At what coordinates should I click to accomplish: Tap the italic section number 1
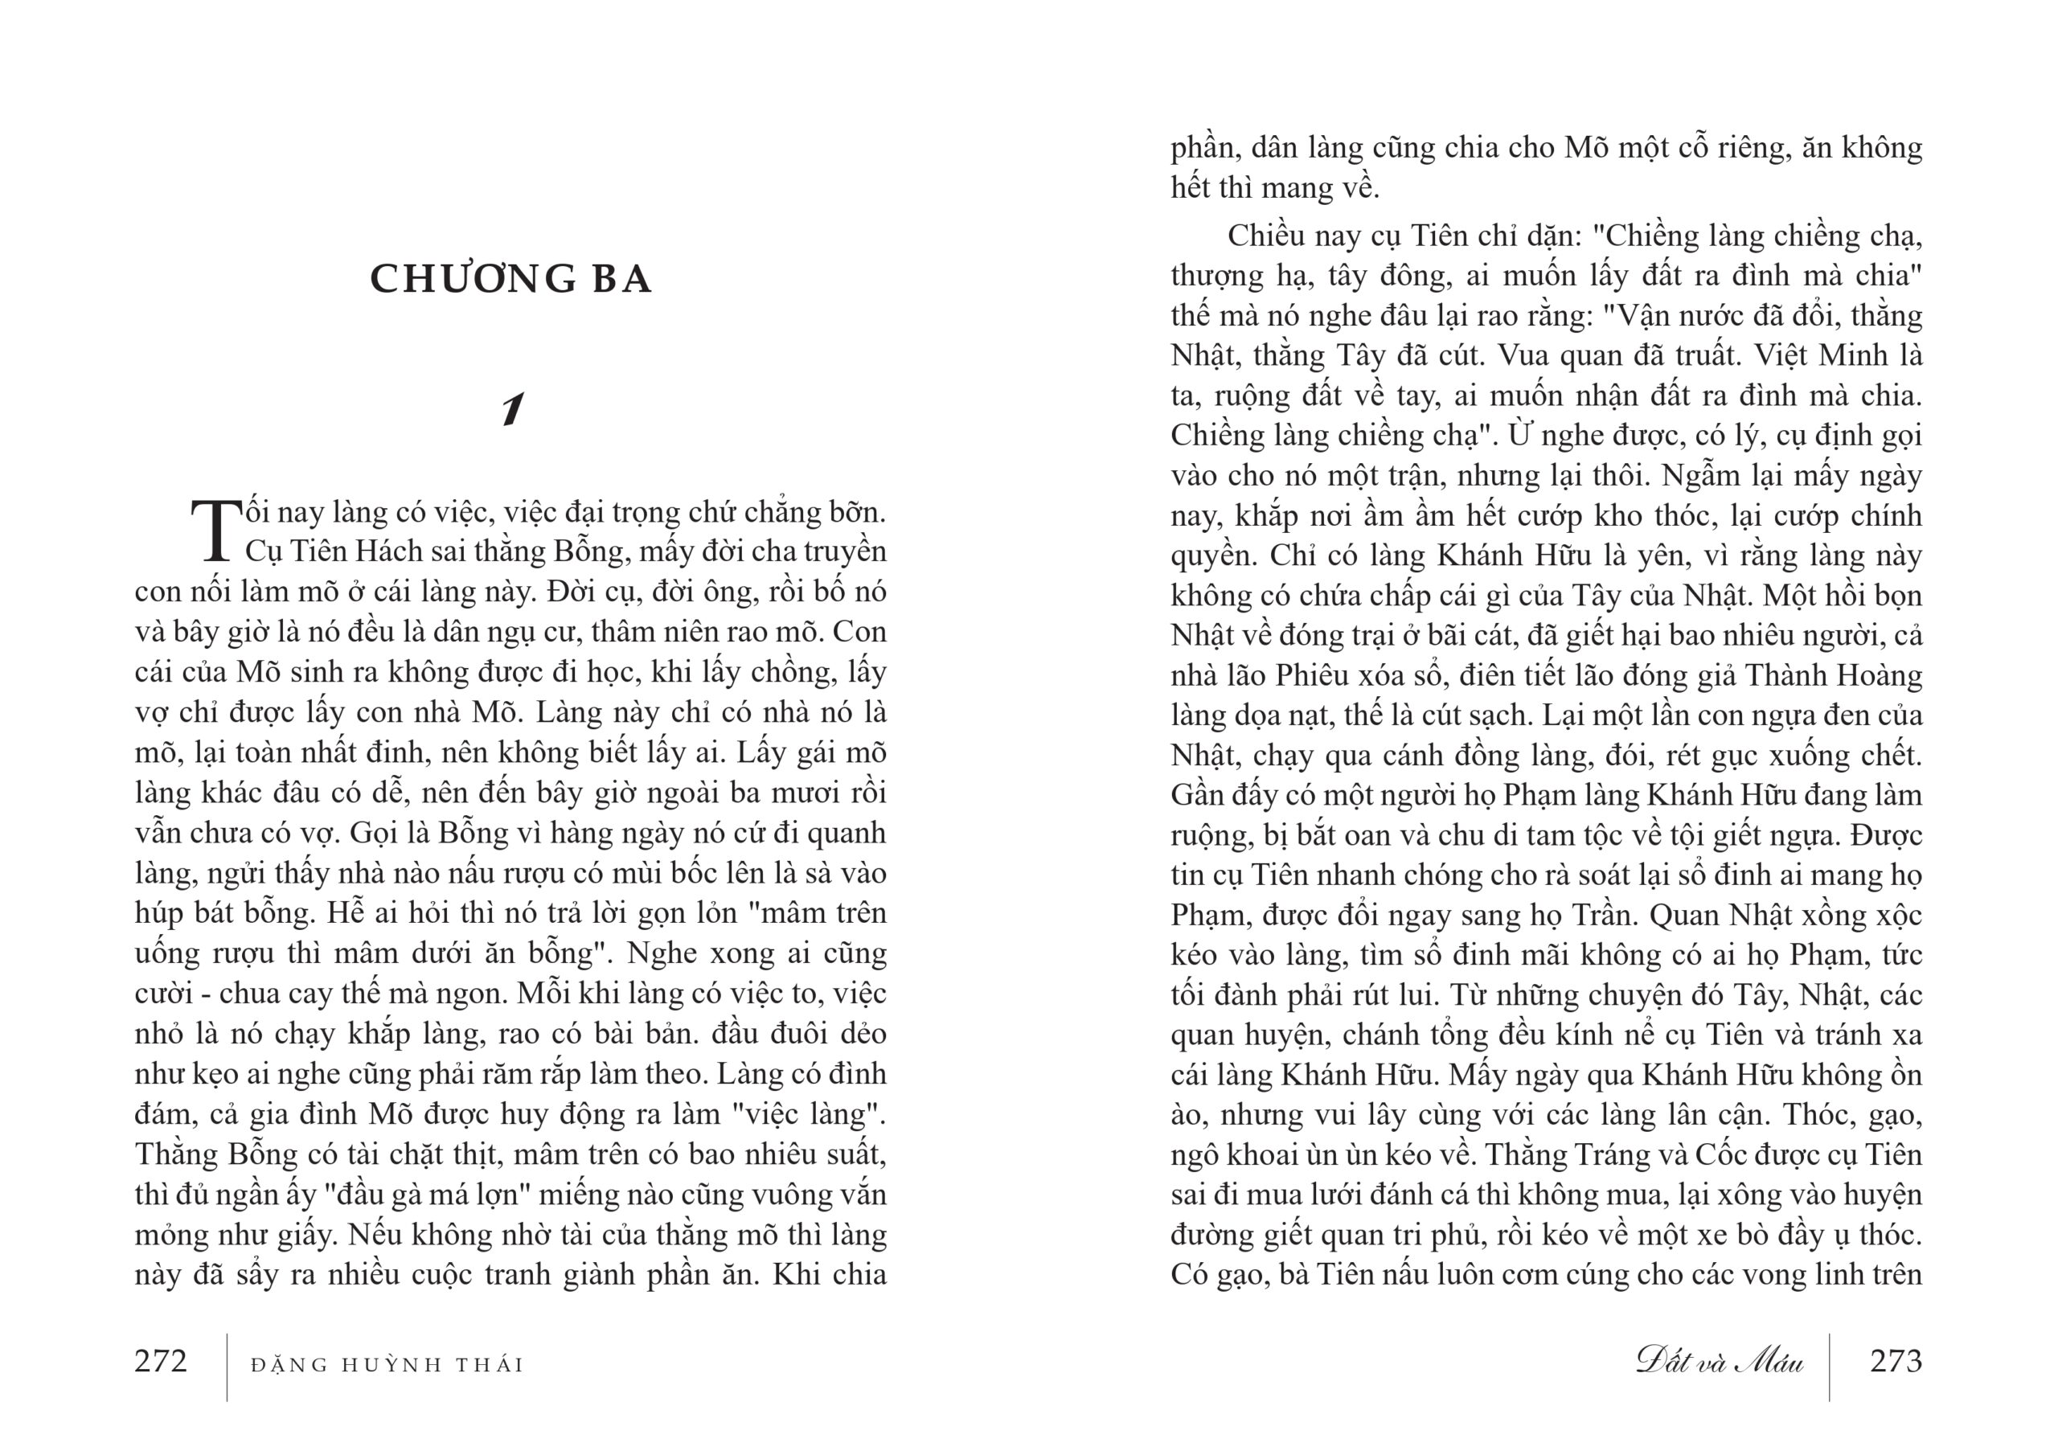512,411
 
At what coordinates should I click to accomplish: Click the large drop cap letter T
216,531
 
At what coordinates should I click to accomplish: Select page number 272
162,1362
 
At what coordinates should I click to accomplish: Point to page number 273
1896,1362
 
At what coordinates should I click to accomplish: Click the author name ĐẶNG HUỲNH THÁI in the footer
387,1365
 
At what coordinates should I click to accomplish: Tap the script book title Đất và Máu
1720,1362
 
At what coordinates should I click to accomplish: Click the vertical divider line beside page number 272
227,1367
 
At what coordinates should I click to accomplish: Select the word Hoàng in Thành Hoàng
1884,675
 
